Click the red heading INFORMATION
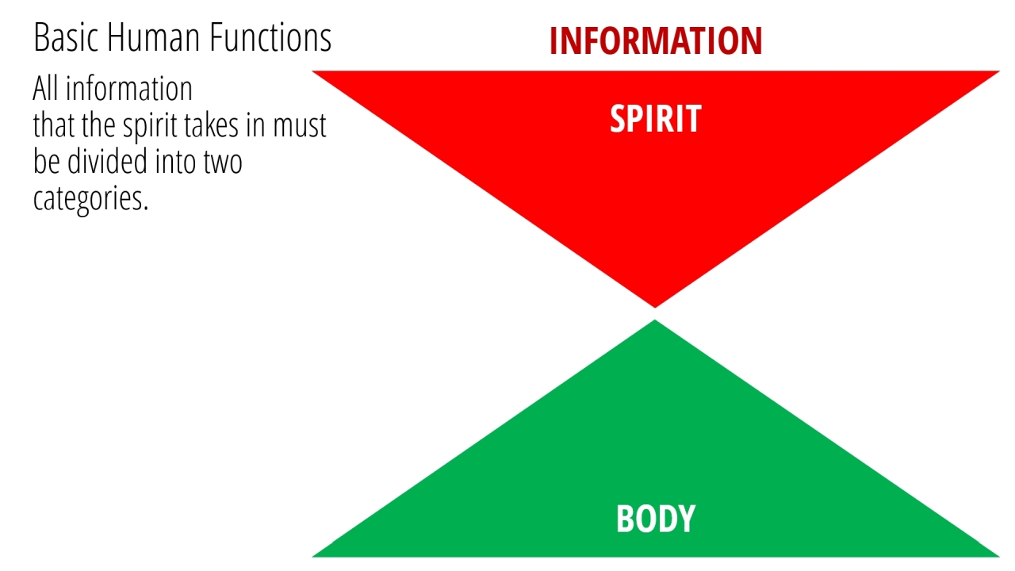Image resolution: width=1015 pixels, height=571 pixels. point(656,40)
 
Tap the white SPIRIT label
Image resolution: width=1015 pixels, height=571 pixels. point(656,119)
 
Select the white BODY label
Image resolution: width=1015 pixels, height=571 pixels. point(656,519)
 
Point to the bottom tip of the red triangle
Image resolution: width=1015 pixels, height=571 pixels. point(655,308)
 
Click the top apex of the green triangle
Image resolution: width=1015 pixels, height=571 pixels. point(655,320)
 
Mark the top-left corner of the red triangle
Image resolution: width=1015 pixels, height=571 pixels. point(312,71)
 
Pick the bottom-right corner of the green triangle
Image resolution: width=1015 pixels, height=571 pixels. point(1000,557)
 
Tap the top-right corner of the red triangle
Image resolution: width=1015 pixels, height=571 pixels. point(1000,71)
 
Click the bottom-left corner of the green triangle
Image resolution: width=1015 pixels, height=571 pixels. point(312,557)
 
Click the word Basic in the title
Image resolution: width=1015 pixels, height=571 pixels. point(66,37)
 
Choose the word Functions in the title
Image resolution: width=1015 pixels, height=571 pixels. point(270,37)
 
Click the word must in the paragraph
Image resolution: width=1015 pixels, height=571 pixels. point(300,126)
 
